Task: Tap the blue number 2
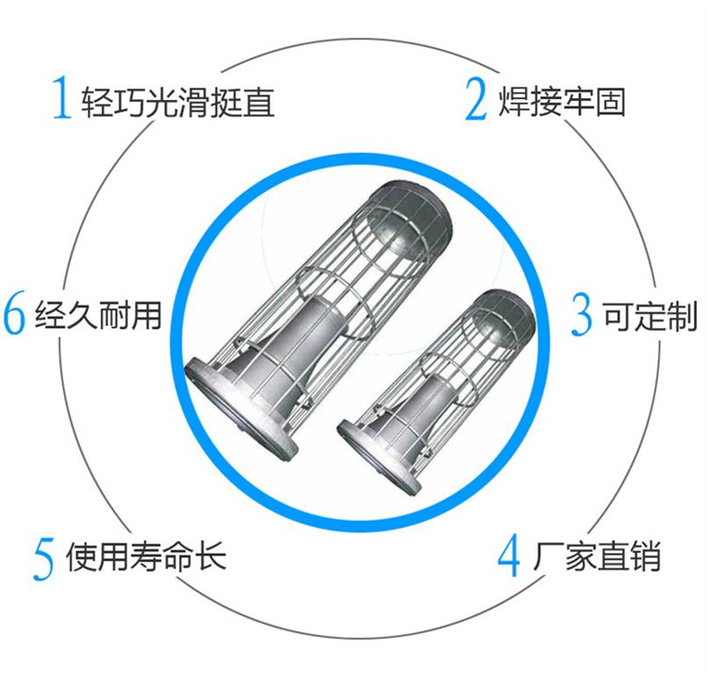477,100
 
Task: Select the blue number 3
583,316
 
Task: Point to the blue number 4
509,556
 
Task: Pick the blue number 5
44,557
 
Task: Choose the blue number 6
14,316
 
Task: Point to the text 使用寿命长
146,556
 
